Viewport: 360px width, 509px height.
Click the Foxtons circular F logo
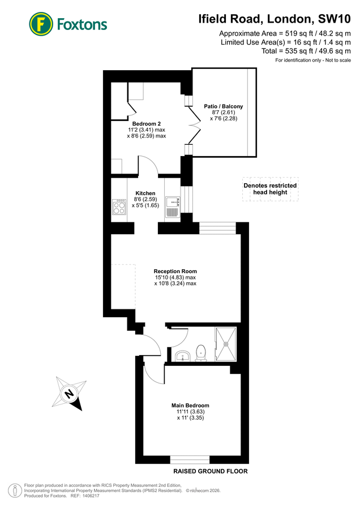coord(41,24)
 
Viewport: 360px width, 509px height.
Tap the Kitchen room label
coord(145,193)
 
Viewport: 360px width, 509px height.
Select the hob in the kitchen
coord(119,207)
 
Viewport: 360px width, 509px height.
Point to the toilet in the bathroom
coord(201,353)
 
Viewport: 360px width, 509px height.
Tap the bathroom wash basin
coord(183,356)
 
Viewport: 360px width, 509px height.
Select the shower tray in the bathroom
coord(226,344)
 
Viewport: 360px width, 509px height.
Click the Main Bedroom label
coord(190,406)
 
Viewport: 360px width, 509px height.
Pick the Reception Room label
coord(175,271)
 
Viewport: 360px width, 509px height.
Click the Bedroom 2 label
coord(147,124)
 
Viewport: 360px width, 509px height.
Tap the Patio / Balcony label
coord(224,106)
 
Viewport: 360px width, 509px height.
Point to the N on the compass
coord(68,394)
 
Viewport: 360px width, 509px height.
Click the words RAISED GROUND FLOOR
coord(211,471)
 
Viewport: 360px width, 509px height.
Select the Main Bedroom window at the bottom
coord(190,460)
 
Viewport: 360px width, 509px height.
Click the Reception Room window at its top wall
coord(217,228)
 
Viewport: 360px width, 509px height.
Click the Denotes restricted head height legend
coord(271,189)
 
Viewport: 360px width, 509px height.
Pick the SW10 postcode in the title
coord(335,19)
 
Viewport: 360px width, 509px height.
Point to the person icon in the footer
coord(15,490)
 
